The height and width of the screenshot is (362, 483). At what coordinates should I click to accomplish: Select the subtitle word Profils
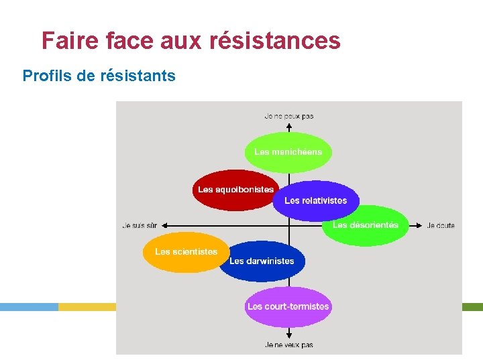(47, 76)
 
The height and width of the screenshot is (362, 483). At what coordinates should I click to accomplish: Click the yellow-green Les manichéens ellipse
(288, 152)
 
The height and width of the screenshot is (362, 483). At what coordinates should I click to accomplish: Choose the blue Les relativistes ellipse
(315, 201)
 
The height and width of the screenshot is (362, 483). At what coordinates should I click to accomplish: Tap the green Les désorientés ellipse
(366, 226)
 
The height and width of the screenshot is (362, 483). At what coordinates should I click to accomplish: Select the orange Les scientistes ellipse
(186, 252)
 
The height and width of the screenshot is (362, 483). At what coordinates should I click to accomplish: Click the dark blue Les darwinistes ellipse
(262, 261)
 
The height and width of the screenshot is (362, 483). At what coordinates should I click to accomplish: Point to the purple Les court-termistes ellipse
(288, 307)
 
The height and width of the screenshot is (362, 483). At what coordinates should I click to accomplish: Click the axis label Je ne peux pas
(288, 116)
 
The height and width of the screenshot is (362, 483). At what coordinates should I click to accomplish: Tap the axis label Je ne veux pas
(288, 345)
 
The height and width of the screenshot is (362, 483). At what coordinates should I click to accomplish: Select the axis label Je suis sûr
(140, 226)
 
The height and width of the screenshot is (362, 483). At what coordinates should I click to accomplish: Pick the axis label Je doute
(441, 226)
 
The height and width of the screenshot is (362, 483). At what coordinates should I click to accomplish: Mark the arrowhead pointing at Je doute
(419, 225)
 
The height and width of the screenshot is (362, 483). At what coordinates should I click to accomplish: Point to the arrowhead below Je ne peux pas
(288, 125)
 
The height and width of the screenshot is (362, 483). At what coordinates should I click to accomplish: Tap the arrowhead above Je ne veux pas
(288, 335)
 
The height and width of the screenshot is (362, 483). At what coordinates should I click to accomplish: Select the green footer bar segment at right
(472, 306)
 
